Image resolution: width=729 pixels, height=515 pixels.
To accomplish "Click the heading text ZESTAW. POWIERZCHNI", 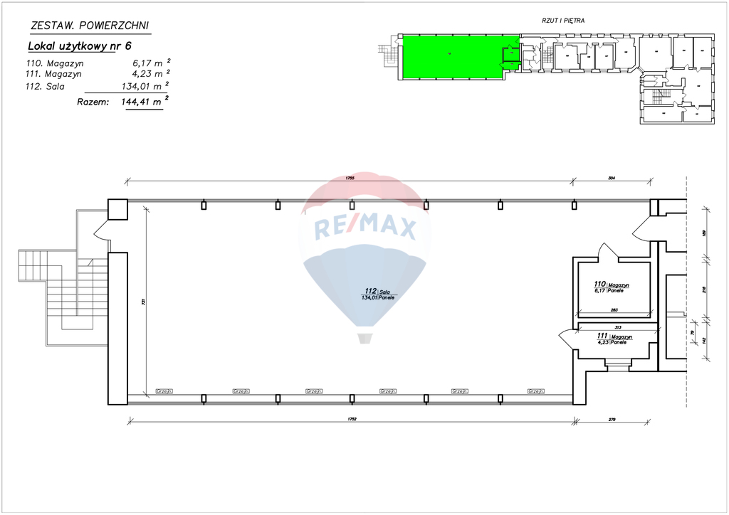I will [x=90, y=26].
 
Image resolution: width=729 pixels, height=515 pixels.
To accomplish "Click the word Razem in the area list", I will [x=93, y=102].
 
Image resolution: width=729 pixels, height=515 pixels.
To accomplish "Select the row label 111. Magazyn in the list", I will [x=53, y=73].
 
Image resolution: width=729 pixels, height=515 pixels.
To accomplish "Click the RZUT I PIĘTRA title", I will [x=562, y=21].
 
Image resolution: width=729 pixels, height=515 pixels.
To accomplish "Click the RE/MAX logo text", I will [x=364, y=228].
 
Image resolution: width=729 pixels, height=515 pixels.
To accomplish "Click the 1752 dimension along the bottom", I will [x=352, y=419].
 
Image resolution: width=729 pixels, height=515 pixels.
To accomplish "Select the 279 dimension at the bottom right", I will [x=611, y=419].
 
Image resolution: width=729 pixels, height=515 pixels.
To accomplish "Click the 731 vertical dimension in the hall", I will [x=142, y=301].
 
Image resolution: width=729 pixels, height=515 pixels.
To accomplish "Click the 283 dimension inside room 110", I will [x=613, y=309].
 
